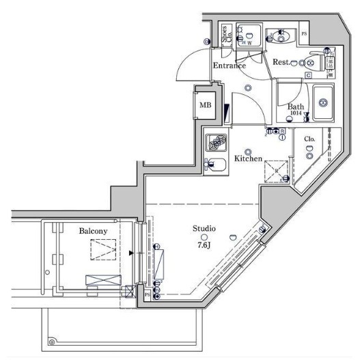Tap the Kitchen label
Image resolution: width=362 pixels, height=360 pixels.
coord(249,158)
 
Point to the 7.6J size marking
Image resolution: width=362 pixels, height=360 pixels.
coord(204,245)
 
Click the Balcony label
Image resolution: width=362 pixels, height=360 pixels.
coord(92,232)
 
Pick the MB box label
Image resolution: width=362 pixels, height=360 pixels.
coord(205,105)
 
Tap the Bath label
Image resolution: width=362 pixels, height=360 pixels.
coord(295,107)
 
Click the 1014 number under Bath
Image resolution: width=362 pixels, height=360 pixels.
coord(295,113)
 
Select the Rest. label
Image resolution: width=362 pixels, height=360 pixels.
coord(281,62)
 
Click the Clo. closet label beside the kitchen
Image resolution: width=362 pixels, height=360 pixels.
coord(309,139)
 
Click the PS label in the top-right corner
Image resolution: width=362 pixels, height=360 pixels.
coord(304,33)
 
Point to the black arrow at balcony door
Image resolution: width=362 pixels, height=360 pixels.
coord(132,253)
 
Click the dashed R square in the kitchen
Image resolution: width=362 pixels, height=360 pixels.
coord(276,171)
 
